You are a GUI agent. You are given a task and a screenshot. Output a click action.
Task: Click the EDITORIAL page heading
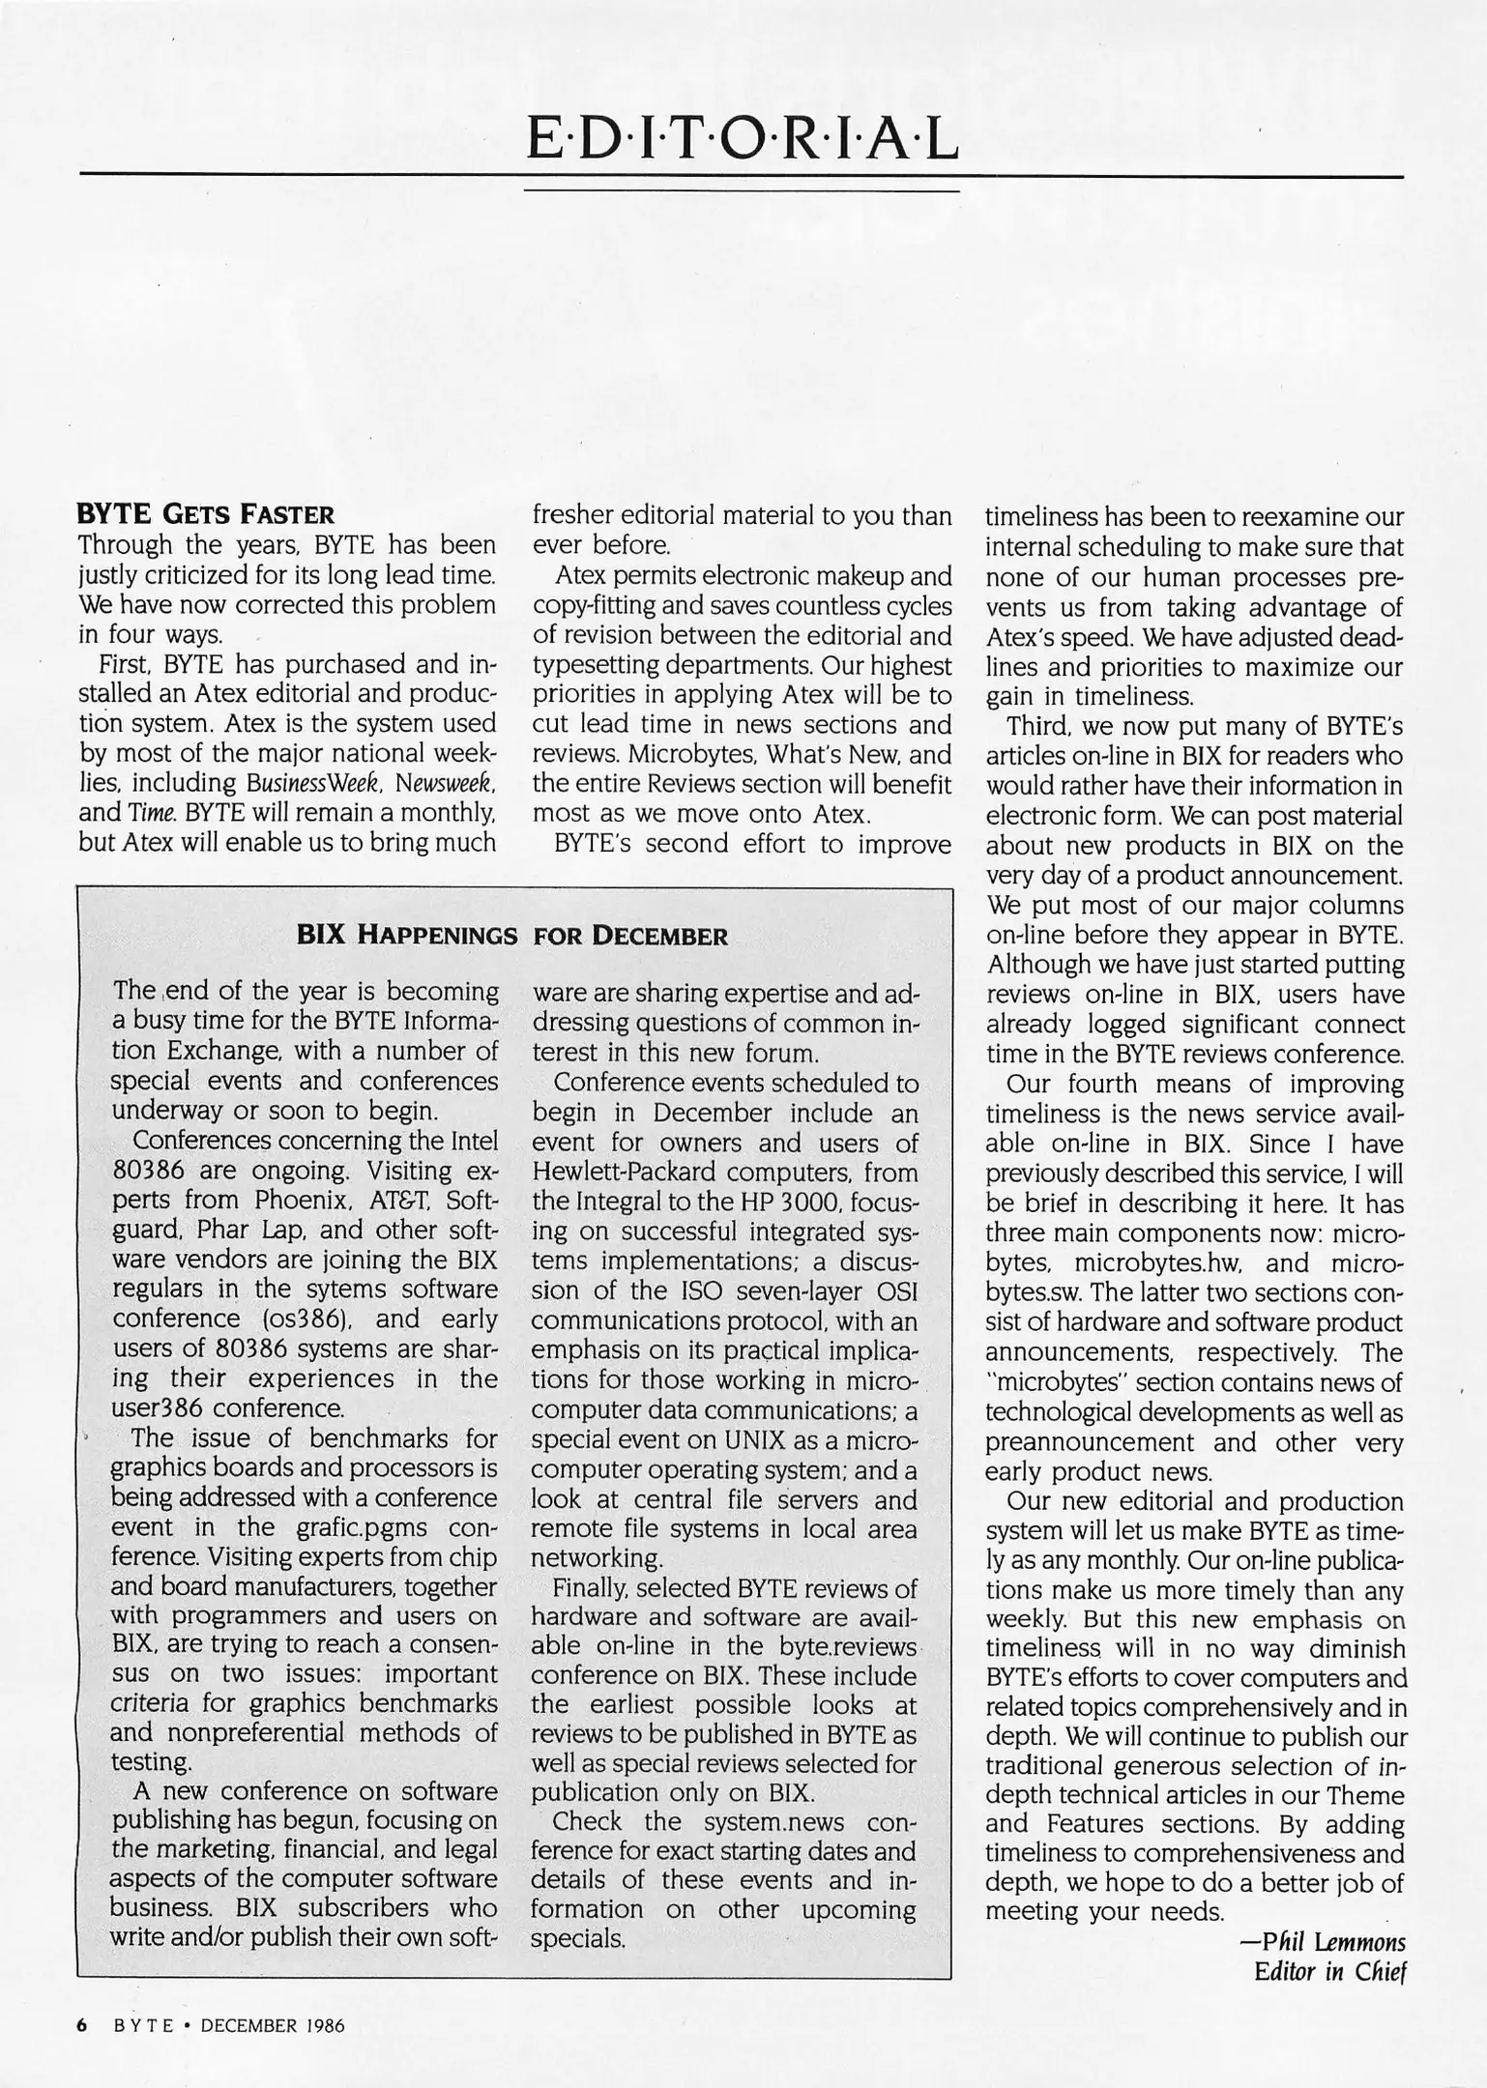pos(742,139)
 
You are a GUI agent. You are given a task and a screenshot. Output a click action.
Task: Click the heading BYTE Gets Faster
pos(206,514)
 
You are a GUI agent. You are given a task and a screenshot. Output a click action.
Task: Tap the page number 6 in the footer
pos(83,2025)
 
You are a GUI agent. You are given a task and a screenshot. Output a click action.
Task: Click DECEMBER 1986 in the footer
pos(272,2025)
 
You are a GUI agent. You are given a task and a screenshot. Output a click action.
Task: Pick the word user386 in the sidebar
pos(159,1407)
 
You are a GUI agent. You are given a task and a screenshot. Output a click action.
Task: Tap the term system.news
pos(773,1822)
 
